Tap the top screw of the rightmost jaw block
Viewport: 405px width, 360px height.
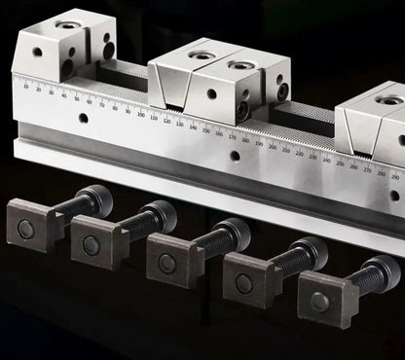pyautogui.click(x=388, y=99)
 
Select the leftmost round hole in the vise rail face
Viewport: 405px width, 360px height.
pyautogui.click(x=83, y=119)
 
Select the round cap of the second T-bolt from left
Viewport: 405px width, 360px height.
pyautogui.click(x=160, y=216)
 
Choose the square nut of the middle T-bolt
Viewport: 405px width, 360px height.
pyautogui.click(x=167, y=262)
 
